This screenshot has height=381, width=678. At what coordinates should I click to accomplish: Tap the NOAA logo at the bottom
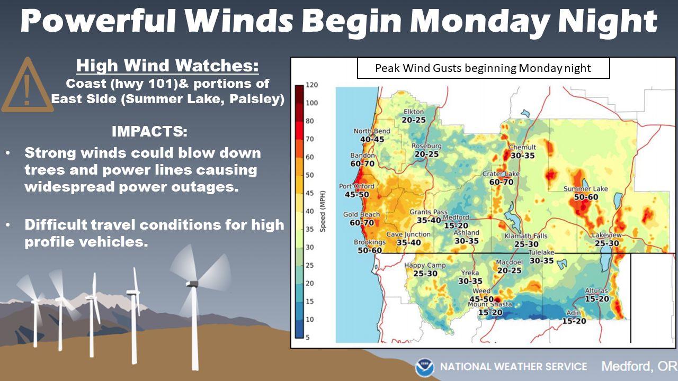(x=425, y=367)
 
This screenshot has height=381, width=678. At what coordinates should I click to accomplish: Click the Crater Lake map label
(x=501, y=174)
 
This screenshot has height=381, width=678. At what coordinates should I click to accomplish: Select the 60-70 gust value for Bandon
(x=363, y=164)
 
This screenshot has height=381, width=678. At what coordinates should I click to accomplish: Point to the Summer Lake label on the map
(x=586, y=189)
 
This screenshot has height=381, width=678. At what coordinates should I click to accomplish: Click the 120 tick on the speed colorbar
(x=312, y=85)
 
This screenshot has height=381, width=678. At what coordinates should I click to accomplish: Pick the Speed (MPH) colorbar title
(x=323, y=211)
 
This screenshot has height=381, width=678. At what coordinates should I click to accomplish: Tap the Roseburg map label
(x=426, y=146)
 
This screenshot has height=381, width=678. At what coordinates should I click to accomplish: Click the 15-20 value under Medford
(x=456, y=225)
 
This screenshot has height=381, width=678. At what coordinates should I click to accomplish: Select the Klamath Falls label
(x=526, y=236)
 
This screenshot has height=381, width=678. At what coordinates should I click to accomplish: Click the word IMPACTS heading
(x=149, y=131)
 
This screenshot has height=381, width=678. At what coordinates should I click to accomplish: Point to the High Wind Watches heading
(x=167, y=66)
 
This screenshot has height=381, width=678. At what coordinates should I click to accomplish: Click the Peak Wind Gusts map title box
(x=484, y=68)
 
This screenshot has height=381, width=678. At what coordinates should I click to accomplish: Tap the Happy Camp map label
(x=425, y=266)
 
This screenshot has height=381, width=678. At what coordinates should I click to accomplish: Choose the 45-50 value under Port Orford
(x=357, y=194)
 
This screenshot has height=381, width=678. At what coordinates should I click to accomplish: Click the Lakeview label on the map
(x=606, y=235)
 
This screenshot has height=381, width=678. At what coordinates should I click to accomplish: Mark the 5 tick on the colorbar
(x=308, y=337)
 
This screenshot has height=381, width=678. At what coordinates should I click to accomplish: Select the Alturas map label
(x=596, y=291)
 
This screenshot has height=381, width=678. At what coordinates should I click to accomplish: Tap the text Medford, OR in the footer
(x=639, y=367)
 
